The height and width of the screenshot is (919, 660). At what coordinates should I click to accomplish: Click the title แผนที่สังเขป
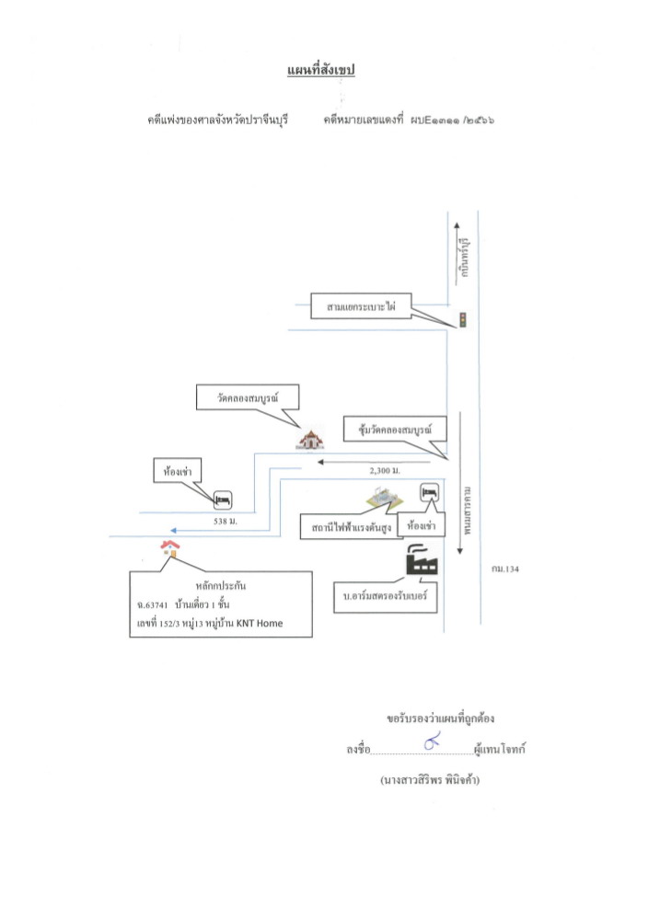click(321, 70)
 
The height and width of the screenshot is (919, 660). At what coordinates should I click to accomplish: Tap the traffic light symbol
click(462, 320)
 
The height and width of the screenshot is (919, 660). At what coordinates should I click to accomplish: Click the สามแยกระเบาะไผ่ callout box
click(361, 306)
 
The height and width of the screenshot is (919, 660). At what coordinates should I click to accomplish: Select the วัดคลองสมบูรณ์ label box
click(247, 397)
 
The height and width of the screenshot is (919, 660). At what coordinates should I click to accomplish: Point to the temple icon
click(310, 440)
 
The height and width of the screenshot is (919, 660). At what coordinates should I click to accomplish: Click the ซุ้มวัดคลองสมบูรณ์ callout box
click(395, 429)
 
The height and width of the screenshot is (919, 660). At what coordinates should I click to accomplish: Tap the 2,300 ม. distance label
click(385, 471)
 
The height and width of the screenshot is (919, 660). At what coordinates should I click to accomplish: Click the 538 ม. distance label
click(226, 521)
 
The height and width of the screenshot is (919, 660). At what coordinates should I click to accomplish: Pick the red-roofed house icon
click(170, 548)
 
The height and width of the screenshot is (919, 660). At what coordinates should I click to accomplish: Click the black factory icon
click(422, 560)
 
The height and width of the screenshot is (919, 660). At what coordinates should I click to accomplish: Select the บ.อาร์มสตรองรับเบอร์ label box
click(386, 597)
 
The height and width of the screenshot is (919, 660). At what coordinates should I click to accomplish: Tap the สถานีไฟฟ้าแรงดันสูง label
click(352, 527)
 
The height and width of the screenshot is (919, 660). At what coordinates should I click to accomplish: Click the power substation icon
click(384, 499)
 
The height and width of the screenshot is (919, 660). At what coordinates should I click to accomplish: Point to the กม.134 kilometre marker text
click(505, 569)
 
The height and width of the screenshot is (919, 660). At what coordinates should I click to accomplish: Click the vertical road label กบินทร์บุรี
click(465, 258)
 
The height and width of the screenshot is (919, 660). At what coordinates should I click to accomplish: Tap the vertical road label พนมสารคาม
click(467, 510)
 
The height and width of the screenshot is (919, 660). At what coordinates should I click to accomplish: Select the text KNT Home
click(260, 623)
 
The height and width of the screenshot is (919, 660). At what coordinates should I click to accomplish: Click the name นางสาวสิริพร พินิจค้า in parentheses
click(430, 780)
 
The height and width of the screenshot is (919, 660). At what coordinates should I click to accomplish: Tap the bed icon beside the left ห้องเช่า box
click(223, 500)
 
